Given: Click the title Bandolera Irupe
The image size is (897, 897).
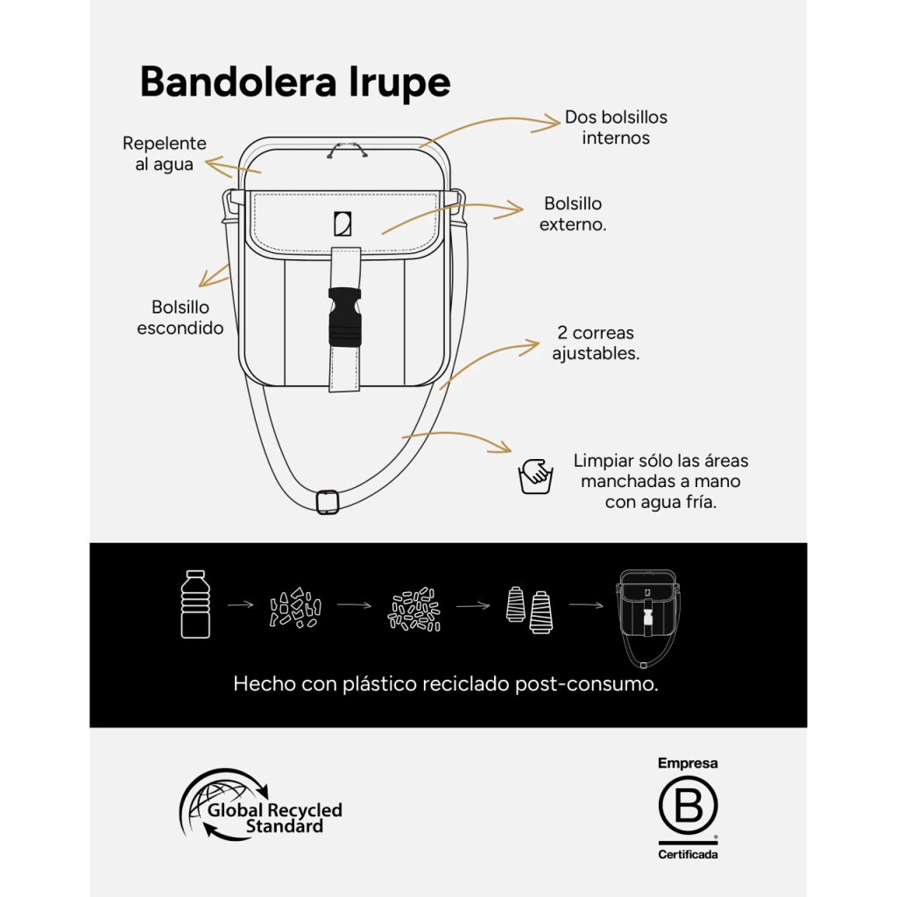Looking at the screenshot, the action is click(295, 82).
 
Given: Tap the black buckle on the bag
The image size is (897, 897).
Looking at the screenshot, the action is click(345, 317).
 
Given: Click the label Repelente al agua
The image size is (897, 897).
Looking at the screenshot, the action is click(164, 153).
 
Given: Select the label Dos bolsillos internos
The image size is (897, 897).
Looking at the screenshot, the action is click(616, 127).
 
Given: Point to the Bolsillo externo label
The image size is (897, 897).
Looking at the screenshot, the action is click(573, 214).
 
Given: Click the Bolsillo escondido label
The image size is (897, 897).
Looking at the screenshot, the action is click(180, 317).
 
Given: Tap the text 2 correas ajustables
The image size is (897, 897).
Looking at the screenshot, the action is click(596, 343).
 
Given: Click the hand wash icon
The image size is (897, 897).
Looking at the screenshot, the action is click(535, 476).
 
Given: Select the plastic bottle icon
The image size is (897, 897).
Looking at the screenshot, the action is click(195, 604).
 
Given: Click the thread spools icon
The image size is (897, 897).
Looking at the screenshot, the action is click(530, 610).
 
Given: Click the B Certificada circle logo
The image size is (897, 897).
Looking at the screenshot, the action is click(688, 806).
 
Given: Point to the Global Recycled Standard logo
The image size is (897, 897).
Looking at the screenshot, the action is click(261, 805).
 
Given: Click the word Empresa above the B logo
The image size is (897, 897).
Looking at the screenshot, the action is click(688, 763).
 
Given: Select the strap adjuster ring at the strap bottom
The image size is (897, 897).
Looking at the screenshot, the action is click(328, 502).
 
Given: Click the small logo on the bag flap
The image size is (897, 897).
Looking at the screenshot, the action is click(343, 223).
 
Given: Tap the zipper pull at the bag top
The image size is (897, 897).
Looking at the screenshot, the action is click(347, 151).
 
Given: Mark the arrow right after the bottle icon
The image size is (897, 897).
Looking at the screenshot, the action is click(241, 604).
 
